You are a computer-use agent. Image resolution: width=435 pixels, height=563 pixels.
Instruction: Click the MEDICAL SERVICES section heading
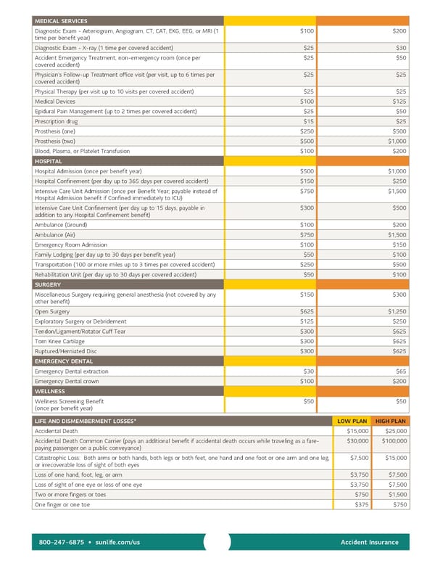point(61,21)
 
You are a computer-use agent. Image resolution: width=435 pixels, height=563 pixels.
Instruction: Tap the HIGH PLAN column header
point(390,421)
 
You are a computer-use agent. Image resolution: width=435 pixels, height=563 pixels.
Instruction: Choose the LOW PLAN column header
point(352,421)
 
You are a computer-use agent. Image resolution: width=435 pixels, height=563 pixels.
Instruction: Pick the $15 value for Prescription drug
point(309,121)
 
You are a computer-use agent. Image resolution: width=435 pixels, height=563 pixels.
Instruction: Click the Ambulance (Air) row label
point(57,235)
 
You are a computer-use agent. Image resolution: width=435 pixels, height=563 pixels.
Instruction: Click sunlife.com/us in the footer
point(117,542)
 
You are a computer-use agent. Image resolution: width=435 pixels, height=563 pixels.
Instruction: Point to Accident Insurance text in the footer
point(369,542)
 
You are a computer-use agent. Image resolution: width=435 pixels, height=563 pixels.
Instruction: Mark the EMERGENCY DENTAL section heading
point(64,361)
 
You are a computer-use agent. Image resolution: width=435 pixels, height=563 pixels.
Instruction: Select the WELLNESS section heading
point(49,390)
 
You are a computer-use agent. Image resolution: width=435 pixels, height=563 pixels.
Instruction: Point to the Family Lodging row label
point(105,255)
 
